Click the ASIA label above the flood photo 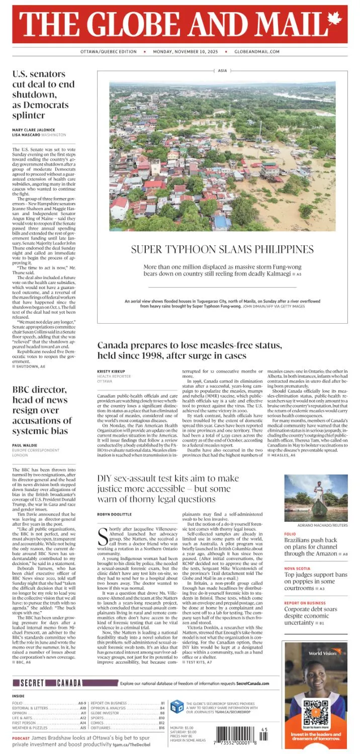point(222,71)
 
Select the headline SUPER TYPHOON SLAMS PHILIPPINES point(222,249)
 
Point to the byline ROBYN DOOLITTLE point(115,514)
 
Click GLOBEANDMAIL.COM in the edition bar point(256,52)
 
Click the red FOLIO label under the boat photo point(290,534)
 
